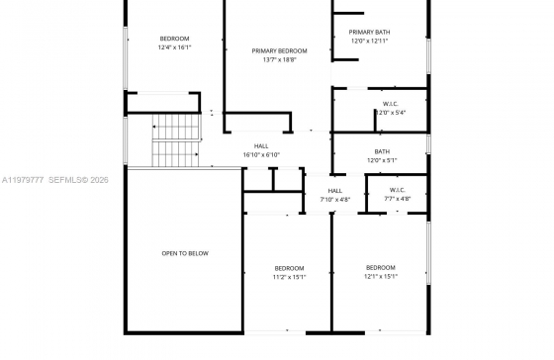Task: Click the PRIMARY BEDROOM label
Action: [x=279, y=50]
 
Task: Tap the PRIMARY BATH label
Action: [x=369, y=33]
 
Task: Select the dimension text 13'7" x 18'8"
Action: [x=279, y=59]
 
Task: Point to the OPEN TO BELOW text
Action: [x=185, y=253]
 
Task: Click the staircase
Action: [x=176, y=139]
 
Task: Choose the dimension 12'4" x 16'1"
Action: [x=174, y=47]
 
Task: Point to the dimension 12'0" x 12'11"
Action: [x=369, y=41]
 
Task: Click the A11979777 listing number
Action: [x=23, y=180]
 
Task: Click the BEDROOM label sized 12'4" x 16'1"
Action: [x=174, y=39]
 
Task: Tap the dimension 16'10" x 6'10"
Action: [x=261, y=154]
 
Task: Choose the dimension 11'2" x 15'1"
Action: [x=289, y=277]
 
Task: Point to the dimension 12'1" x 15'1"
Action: [x=381, y=276]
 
